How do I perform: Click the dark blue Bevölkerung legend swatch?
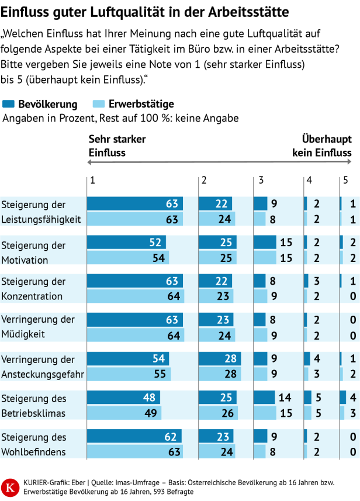click(9, 105)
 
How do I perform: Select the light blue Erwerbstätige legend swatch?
click(98, 105)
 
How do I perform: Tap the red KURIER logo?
click(10, 486)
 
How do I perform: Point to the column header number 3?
click(260, 181)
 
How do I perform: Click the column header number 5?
click(345, 181)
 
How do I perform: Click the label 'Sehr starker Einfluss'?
click(117, 146)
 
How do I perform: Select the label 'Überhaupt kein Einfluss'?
click(322, 146)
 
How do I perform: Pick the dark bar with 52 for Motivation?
click(126, 242)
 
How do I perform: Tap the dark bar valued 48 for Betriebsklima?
click(123, 398)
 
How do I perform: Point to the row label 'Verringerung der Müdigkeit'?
click(38, 327)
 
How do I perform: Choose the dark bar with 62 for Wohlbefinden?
click(134, 436)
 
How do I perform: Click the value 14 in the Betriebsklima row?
click(285, 398)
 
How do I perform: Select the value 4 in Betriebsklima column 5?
click(353, 398)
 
